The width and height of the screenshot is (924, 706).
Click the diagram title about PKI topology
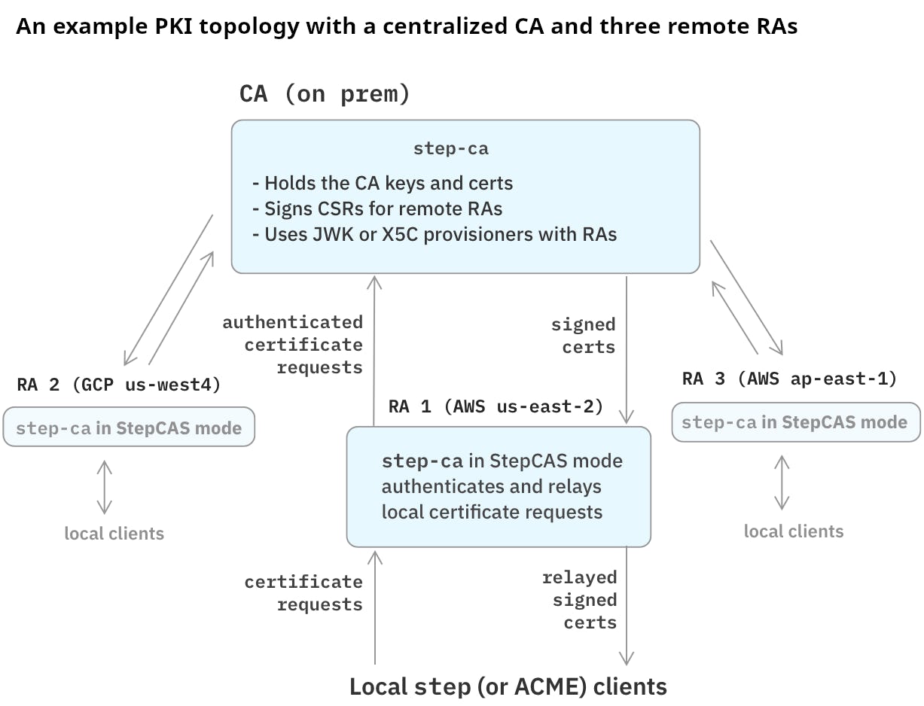(406, 26)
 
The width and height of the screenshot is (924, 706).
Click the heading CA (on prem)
(325, 94)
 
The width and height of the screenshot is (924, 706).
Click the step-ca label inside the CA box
(450, 148)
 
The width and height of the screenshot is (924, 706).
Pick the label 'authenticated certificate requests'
(293, 345)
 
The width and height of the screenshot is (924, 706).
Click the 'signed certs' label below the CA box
(584, 336)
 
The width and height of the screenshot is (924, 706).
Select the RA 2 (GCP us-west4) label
(119, 385)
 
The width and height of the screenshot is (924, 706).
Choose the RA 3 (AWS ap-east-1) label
(789, 379)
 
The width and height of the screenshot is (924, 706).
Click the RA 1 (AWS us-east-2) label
(496, 407)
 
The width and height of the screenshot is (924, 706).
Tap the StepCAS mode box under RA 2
(129, 428)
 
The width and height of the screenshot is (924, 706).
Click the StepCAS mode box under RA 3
(794, 422)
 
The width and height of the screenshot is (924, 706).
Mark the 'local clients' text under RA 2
(114, 534)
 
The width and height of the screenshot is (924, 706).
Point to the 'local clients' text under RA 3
(794, 531)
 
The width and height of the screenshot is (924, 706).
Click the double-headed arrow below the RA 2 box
(104, 487)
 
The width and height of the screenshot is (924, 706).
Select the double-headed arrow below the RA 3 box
(782, 482)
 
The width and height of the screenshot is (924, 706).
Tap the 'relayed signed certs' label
(580, 600)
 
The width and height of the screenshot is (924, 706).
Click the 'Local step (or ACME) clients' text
(508, 686)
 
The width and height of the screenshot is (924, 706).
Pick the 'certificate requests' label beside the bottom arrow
(303, 593)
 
